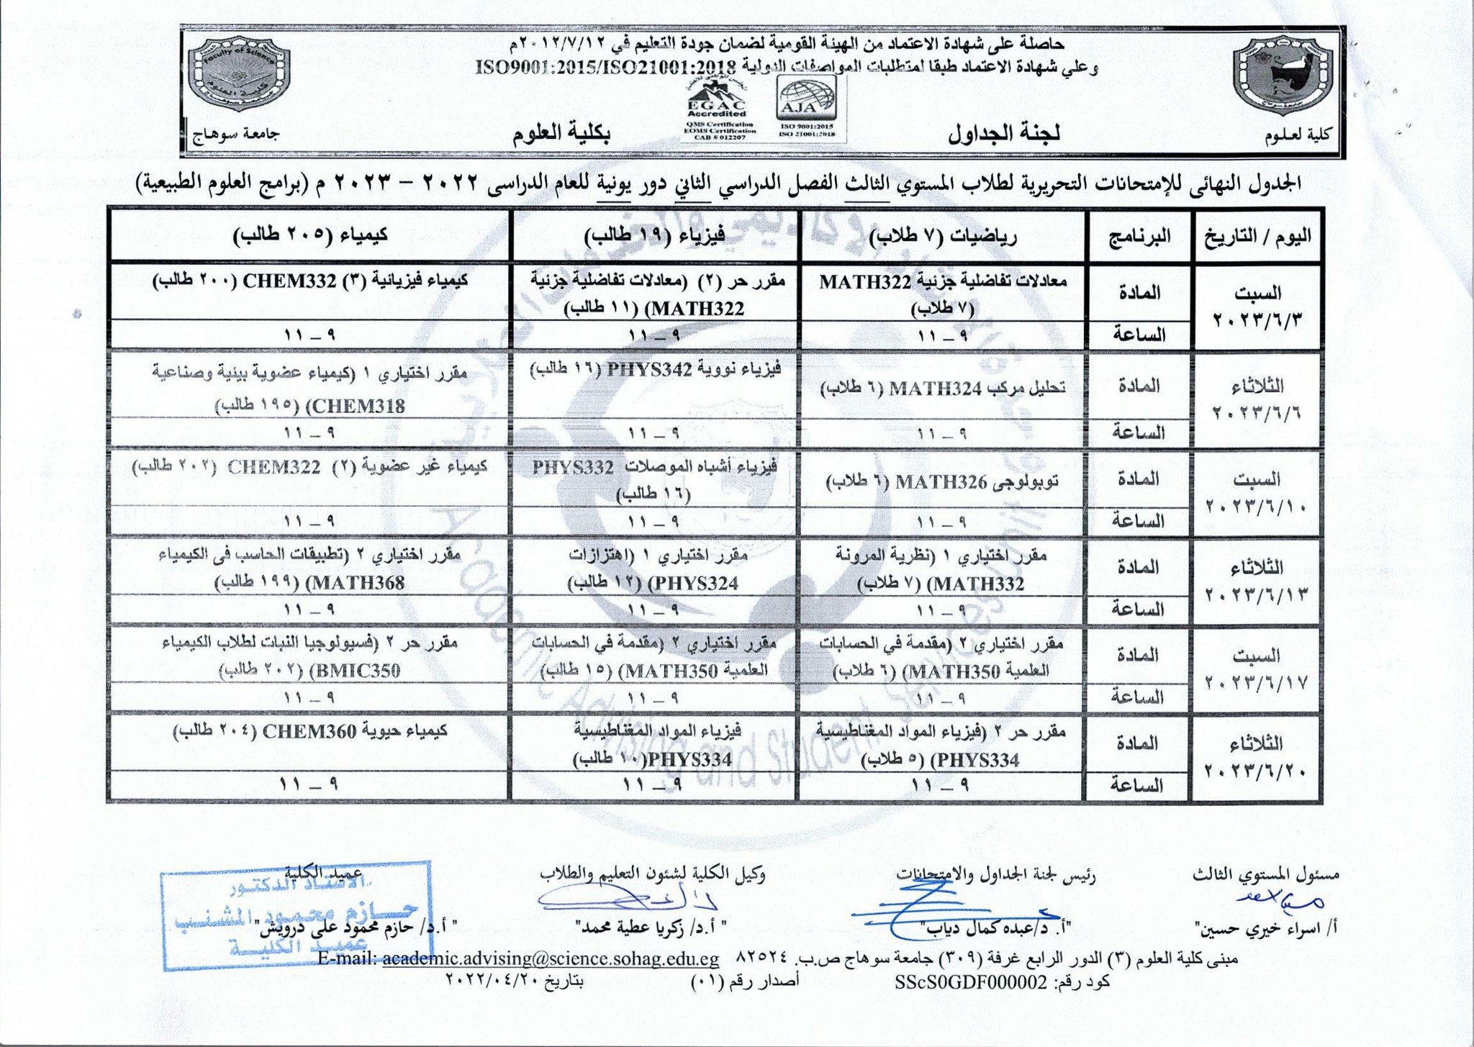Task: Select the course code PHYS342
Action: coord(649,370)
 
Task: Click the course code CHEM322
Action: coord(274,466)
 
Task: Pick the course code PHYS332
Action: coord(572,467)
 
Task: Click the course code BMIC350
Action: coord(353,671)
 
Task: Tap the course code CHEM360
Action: coord(309,731)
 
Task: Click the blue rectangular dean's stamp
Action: coord(296,914)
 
